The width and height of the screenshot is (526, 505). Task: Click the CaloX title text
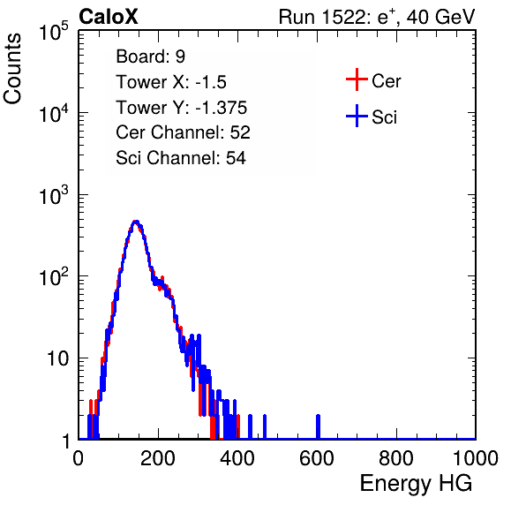109,17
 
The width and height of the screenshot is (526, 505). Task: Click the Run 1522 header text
377,17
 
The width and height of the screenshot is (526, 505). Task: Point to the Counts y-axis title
12,69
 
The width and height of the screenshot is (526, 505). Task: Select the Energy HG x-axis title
416,484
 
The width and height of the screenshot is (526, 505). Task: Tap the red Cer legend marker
357,79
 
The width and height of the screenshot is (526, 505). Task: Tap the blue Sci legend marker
357,116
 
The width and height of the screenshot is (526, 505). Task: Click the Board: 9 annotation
150,57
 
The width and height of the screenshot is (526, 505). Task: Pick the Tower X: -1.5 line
171,82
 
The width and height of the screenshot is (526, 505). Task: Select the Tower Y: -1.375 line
182,108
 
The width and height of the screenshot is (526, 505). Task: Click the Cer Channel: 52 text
183,132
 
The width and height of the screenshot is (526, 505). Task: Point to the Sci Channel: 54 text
181,158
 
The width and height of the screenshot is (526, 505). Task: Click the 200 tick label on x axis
158,458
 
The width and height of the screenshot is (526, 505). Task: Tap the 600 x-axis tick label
317,458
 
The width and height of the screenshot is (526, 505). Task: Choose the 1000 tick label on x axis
476,458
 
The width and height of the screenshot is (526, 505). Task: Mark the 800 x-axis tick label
396,458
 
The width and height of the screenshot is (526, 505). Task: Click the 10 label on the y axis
57,358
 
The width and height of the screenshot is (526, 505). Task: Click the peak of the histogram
136,222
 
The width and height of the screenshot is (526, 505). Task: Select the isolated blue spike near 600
318,426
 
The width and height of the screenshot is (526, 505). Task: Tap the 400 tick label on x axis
237,458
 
